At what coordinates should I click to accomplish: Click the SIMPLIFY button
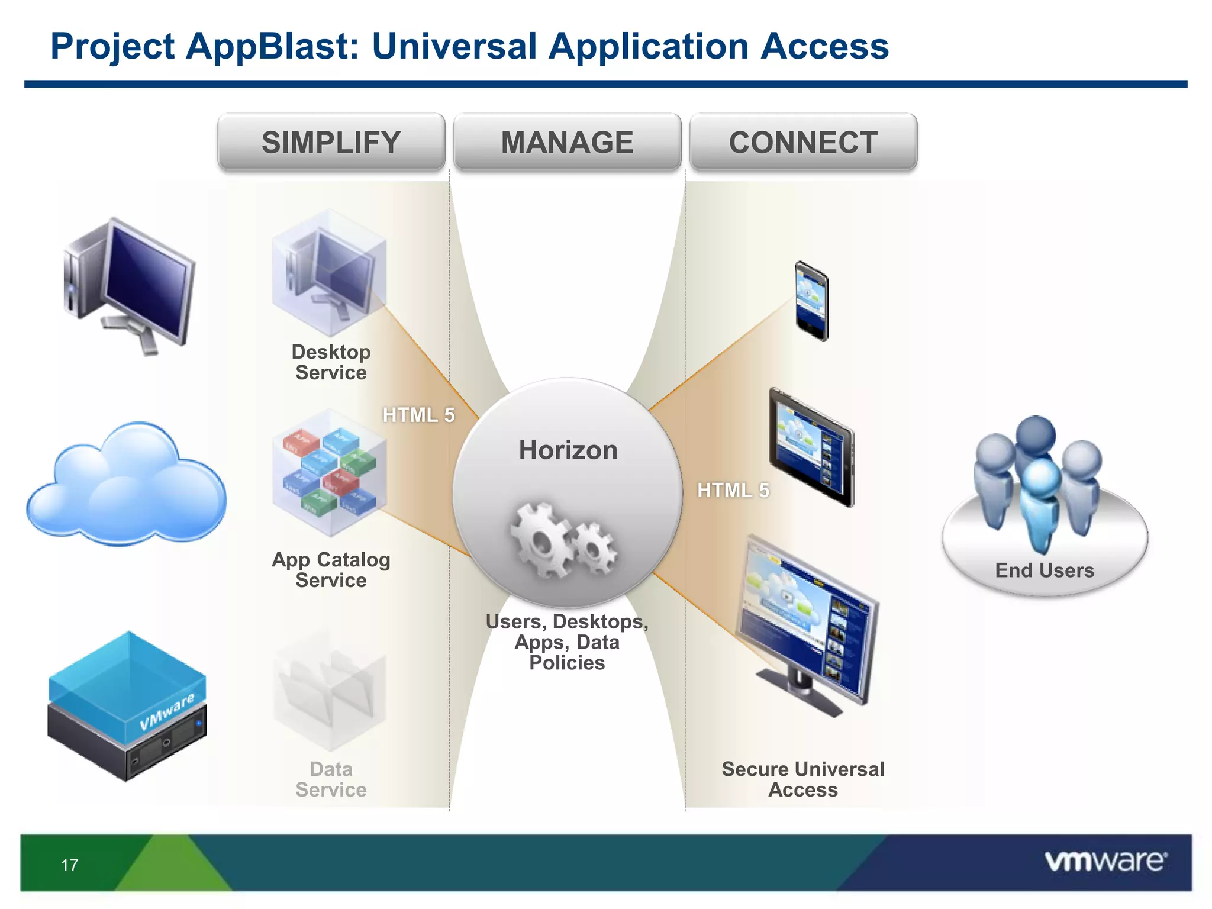[x=331, y=143]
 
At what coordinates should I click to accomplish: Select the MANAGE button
[x=567, y=143]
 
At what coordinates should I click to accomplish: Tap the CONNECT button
[x=803, y=143]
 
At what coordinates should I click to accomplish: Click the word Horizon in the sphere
[x=568, y=450]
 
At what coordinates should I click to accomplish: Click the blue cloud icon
[x=126, y=485]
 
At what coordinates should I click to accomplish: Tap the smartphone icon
[x=811, y=301]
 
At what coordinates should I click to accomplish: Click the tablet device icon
[x=811, y=447]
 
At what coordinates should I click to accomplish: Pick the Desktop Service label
[x=331, y=362]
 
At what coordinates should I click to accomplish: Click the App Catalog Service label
[x=331, y=569]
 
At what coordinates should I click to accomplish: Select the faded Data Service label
[x=331, y=779]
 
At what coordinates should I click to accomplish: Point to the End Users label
[x=1045, y=570]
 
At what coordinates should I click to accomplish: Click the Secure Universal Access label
[x=803, y=779]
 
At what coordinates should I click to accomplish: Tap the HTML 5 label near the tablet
[x=733, y=491]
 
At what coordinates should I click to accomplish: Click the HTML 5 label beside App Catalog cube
[x=418, y=415]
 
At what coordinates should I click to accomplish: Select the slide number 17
[x=69, y=865]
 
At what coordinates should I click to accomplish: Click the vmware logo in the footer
[x=1105, y=862]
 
